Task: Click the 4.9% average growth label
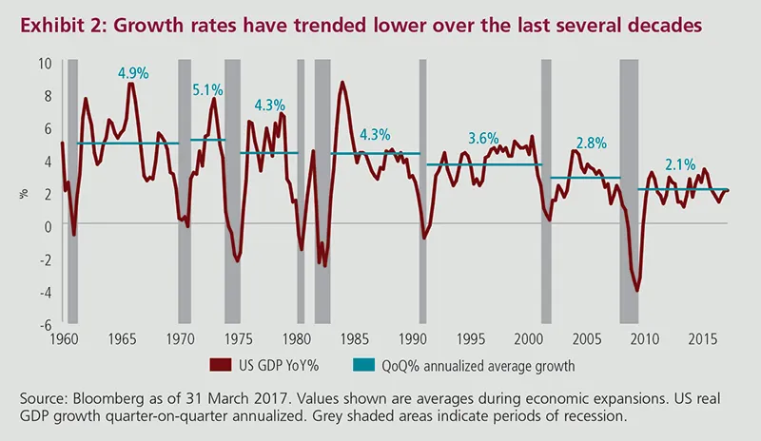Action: coord(132,73)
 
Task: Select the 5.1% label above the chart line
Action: coord(207,90)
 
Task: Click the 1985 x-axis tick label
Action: coord(357,338)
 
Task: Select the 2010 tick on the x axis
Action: coord(645,338)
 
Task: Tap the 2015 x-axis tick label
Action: coord(703,338)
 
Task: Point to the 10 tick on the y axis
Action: coord(44,64)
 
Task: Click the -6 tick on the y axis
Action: coord(45,324)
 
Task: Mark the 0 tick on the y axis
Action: coord(47,226)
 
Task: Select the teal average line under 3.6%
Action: coord(484,164)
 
